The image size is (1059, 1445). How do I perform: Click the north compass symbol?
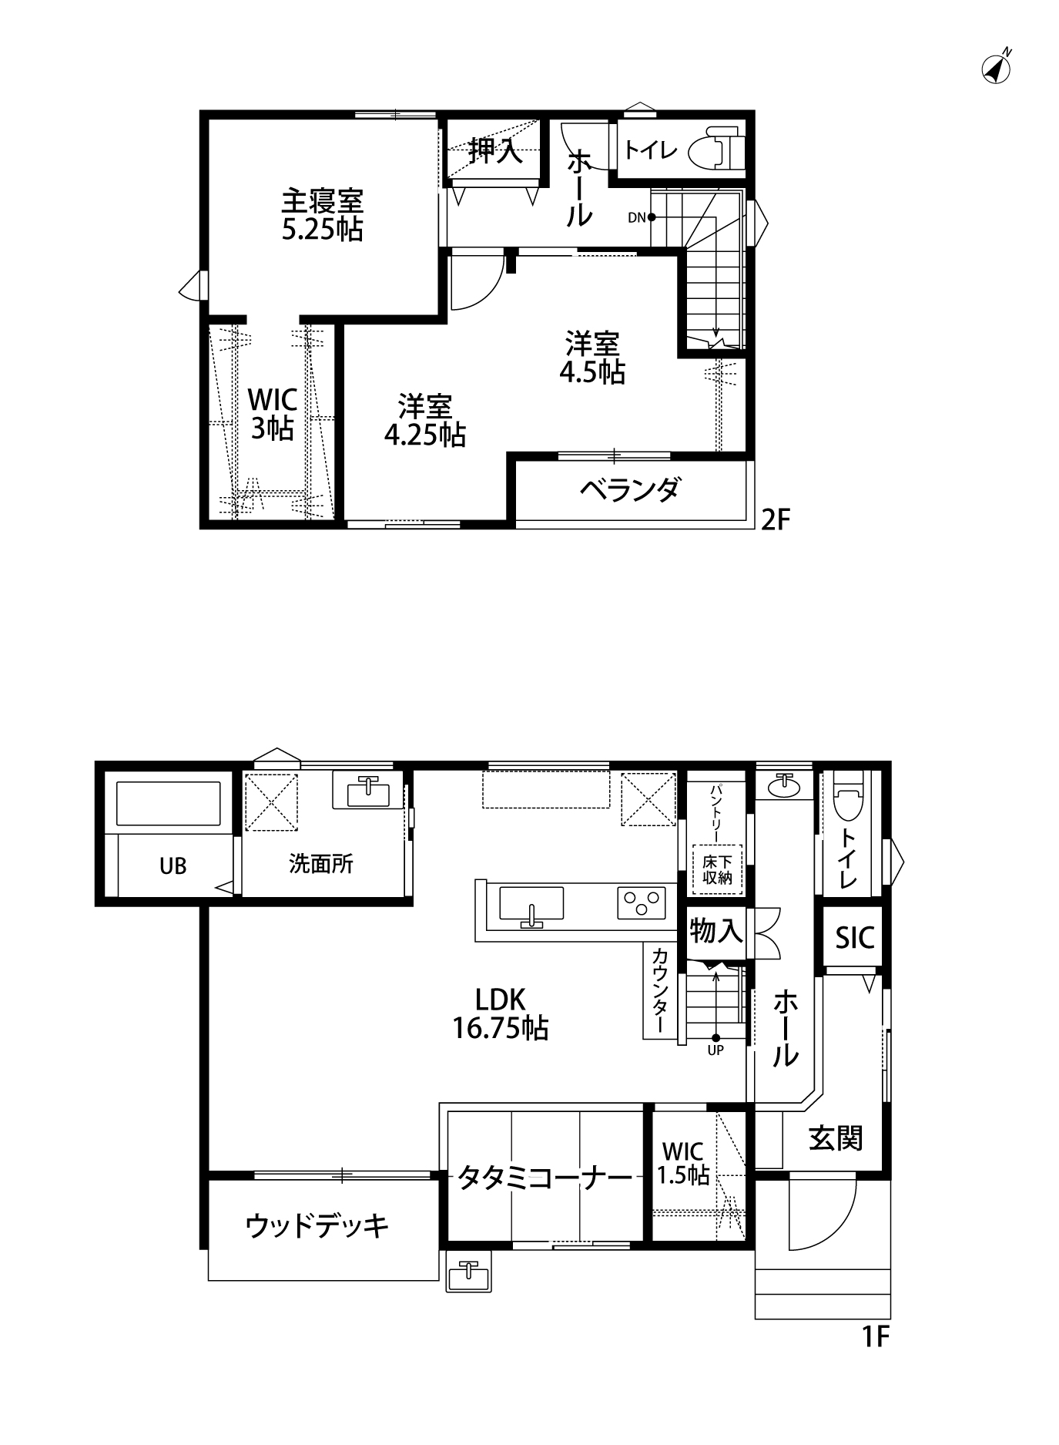click(997, 68)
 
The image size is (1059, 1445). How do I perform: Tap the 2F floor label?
click(776, 520)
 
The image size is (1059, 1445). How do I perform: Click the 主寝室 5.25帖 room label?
click(322, 215)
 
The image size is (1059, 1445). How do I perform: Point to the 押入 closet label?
click(495, 150)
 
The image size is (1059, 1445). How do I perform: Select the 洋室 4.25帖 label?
click(424, 421)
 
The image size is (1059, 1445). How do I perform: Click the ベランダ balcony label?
click(630, 489)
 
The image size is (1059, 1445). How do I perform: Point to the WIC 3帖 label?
click(272, 414)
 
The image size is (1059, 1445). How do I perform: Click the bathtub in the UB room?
click(168, 804)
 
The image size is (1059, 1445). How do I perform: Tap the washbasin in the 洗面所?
click(367, 791)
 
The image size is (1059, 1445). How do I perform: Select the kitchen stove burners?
click(641, 902)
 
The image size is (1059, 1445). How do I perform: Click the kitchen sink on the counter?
click(531, 904)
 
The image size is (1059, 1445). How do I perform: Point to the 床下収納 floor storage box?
click(716, 869)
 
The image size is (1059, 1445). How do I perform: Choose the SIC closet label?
click(855, 938)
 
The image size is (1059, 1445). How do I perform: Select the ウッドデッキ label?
click(318, 1225)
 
